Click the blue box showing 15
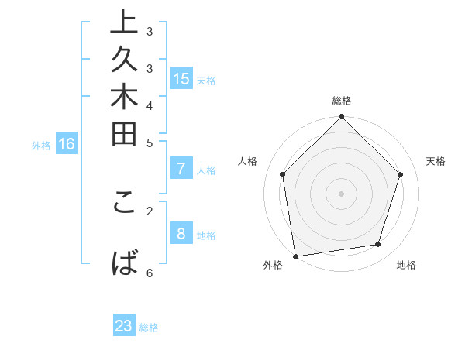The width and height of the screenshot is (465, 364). pos(181,79)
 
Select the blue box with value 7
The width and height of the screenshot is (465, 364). pos(181,170)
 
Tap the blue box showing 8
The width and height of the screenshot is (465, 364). pos(181,235)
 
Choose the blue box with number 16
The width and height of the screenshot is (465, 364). pos(67,144)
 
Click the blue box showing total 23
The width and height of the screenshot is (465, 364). pos(124,326)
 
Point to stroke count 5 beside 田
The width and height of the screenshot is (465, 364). pos(150,143)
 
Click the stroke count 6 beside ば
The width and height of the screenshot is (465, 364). pos(150,273)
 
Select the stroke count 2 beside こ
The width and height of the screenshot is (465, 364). pos(150,209)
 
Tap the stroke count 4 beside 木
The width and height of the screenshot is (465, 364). pos(150,105)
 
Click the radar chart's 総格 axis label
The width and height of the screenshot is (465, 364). pos(342,101)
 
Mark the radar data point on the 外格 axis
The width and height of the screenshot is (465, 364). pos(295,256)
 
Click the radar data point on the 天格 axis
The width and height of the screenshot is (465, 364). pos(401,174)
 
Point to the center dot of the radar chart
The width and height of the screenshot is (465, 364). pos(342,193)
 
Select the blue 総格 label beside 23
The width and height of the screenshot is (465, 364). pos(149,328)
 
